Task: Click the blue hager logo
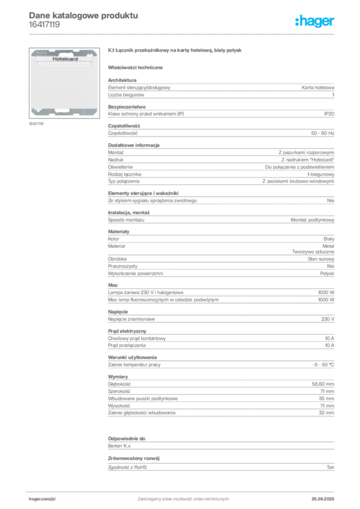pyautogui.click(x=315, y=21)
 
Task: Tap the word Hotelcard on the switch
pyautogui.click(x=65, y=59)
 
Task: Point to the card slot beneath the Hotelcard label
pyautogui.click(x=65, y=64)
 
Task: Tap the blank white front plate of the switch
pyautogui.click(x=65, y=85)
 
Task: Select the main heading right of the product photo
pyautogui.click(x=174, y=51)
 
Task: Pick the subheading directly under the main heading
pyautogui.click(x=137, y=67)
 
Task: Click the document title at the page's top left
pyautogui.click(x=82, y=15)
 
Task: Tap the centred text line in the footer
pyautogui.click(x=181, y=496)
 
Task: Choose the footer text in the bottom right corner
pyautogui.click(x=326, y=496)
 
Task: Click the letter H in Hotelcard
pyautogui.click(x=54, y=59)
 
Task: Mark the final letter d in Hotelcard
pyautogui.click(x=77, y=59)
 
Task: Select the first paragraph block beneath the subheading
pyautogui.click(x=221, y=87)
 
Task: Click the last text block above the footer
pyautogui.click(x=221, y=452)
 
